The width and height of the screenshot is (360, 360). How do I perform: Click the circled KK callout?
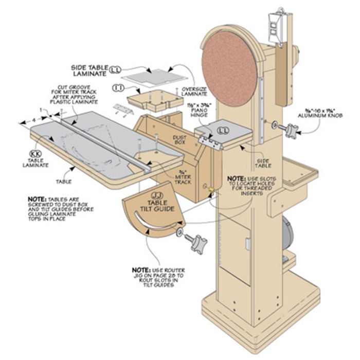(x=36, y=154)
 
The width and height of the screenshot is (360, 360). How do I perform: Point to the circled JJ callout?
(x=158, y=196)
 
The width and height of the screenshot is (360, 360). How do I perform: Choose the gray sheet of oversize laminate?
(x=155, y=75)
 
